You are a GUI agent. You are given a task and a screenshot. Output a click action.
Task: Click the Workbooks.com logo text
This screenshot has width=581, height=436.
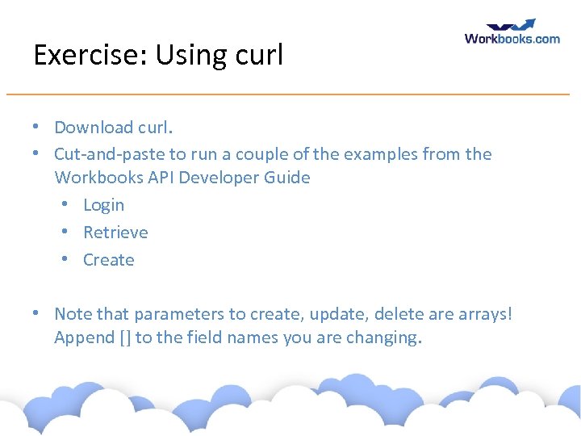click(x=512, y=38)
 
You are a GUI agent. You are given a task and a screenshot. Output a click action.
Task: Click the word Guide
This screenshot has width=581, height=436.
click(x=288, y=178)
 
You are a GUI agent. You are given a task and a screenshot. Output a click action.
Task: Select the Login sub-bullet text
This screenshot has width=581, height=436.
click(x=103, y=205)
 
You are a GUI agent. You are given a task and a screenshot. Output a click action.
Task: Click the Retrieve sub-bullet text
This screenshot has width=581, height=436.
click(x=115, y=233)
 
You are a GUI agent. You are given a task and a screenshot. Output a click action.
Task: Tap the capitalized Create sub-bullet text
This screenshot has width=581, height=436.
click(x=108, y=260)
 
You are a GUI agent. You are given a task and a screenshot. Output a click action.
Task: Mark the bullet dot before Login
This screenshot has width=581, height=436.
click(x=66, y=205)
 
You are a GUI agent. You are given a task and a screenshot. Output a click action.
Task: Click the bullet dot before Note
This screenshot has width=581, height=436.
click(x=37, y=313)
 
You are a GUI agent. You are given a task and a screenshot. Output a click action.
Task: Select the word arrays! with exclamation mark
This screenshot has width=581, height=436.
click(x=484, y=313)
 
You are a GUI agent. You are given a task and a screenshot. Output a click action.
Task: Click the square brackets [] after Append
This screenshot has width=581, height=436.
click(x=124, y=337)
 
